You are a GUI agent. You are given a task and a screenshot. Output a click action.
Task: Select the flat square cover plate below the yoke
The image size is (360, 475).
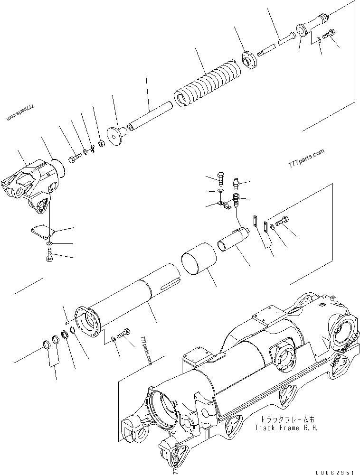click(x=40, y=232)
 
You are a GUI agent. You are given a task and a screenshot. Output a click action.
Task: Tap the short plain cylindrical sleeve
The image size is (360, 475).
click(x=198, y=258)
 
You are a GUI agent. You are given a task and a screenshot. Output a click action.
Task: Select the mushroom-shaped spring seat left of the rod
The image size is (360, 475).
click(x=115, y=134)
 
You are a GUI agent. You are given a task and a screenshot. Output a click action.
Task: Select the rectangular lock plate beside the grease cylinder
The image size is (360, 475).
click(x=256, y=222)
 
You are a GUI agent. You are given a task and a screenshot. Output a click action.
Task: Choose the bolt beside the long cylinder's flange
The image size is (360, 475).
click(x=125, y=334)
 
